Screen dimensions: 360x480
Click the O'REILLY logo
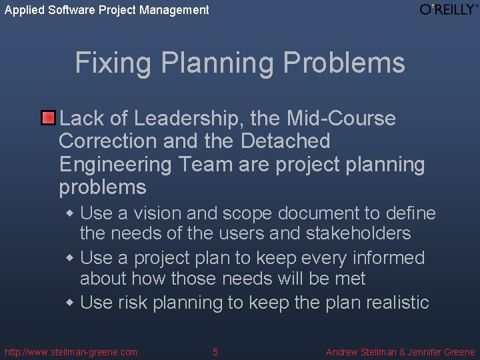click(x=449, y=9)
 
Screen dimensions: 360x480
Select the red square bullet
click(x=48, y=119)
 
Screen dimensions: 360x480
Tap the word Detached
click(x=285, y=141)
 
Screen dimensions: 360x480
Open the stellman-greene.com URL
click(x=71, y=352)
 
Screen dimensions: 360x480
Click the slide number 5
click(x=215, y=352)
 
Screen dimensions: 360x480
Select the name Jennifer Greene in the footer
click(x=441, y=352)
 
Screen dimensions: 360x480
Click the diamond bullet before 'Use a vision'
click(x=71, y=214)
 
